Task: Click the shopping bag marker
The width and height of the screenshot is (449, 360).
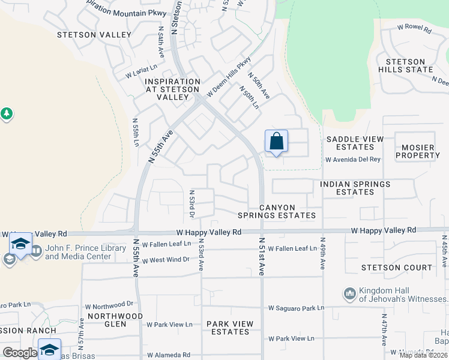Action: click(276, 142)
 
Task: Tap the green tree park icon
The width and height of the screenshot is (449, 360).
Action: click(7, 113)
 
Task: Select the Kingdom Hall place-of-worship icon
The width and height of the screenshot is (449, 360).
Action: click(349, 294)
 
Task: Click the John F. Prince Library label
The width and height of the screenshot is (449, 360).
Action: click(78, 252)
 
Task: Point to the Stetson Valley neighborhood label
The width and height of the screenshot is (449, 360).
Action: click(94, 35)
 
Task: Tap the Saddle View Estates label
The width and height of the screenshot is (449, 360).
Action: click(354, 143)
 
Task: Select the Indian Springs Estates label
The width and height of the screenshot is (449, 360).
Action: click(355, 188)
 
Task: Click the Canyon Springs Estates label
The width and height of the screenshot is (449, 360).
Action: click(287, 211)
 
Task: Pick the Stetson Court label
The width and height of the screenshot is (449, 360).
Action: click(396, 268)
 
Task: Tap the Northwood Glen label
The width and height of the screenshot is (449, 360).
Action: click(115, 320)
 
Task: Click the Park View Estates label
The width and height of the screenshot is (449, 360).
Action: click(230, 328)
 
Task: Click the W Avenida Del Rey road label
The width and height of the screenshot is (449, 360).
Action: click(353, 160)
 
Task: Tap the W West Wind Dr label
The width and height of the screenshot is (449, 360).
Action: click(165, 260)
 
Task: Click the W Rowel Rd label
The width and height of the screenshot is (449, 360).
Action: click(414, 28)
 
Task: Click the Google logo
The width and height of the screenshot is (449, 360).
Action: click(20, 353)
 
